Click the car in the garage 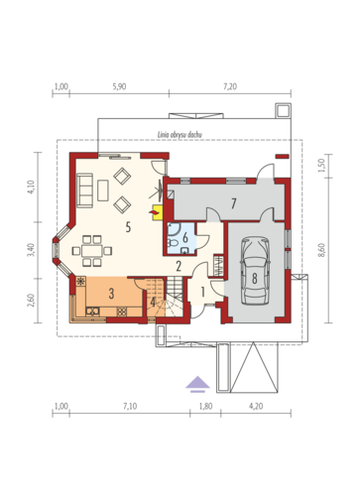[x=255, y=270]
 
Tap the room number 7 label [x=233, y=203]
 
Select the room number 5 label [x=128, y=227]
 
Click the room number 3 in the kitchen [x=111, y=294]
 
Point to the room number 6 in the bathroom [x=185, y=237]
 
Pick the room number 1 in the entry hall [x=202, y=292]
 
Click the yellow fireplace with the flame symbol [x=157, y=212]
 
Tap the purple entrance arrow [x=197, y=384]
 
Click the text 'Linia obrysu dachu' [x=180, y=135]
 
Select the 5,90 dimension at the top [x=119, y=86]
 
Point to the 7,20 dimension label [x=230, y=86]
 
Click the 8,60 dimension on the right [x=322, y=250]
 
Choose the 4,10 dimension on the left [x=32, y=187]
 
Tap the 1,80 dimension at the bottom [x=205, y=406]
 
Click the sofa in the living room [x=84, y=190]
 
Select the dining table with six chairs [x=92, y=251]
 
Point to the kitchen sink [x=92, y=311]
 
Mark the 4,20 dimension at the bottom [x=256, y=406]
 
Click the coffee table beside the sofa [x=103, y=190]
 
